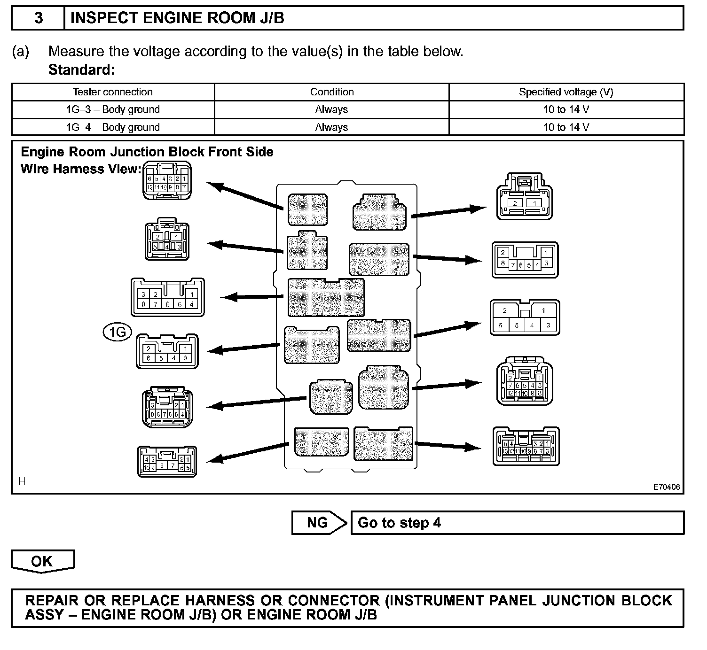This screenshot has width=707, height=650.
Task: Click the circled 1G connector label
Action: point(117,332)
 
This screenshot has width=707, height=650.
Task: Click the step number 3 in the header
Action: point(39,18)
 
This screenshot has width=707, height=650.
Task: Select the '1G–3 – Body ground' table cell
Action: point(113,109)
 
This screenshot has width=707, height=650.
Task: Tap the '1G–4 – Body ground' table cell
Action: point(113,127)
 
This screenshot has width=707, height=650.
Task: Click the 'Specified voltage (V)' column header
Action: point(566,92)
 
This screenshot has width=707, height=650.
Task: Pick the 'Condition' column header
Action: point(332,92)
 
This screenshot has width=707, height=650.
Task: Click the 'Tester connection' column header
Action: point(113,92)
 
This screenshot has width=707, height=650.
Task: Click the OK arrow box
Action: point(42,561)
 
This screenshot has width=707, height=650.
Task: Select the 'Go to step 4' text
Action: point(400,523)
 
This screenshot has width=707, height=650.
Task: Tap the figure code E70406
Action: point(666,487)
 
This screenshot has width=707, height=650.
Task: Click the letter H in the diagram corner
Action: point(22,481)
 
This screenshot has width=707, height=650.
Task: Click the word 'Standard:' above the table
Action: point(82,70)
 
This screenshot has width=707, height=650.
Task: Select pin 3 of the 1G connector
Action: point(186,358)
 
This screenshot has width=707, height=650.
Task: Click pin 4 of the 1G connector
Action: point(173,358)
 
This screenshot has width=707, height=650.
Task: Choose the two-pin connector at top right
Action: point(525,197)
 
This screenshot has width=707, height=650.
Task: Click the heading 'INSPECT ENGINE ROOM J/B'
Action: point(177,18)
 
